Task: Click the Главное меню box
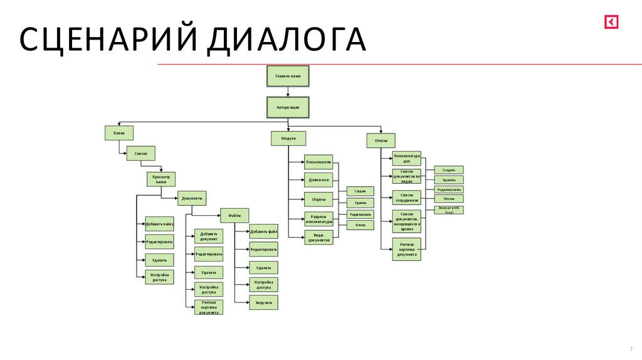[288, 76]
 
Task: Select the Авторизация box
[288, 107]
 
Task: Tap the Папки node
[119, 133]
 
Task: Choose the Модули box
[288, 139]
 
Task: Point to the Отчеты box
[381, 140]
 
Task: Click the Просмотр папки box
[162, 179]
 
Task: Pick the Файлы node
[234, 216]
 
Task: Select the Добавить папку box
[159, 223]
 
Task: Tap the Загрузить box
[263, 302]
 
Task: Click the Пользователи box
[318, 162]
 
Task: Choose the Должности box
[318, 180]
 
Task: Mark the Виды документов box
[318, 238]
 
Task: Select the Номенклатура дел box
[407, 158]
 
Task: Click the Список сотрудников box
[407, 198]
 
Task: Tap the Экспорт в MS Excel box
[449, 210]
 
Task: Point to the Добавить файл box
[263, 231]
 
